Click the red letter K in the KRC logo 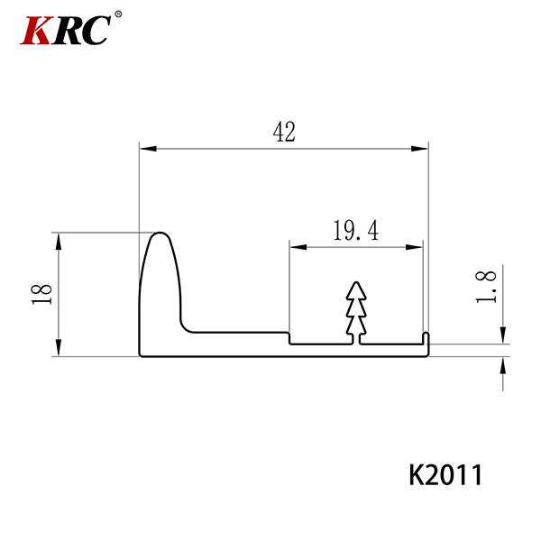[x=36, y=31]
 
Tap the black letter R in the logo [x=68, y=31]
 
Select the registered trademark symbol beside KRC [x=118, y=14]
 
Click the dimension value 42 [x=284, y=132]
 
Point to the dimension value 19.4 [x=356, y=231]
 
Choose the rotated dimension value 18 [x=41, y=294]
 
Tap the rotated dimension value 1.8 [x=486, y=287]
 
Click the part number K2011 [x=445, y=475]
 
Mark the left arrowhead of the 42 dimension [x=148, y=149]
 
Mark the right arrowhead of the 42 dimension [x=419, y=149]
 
